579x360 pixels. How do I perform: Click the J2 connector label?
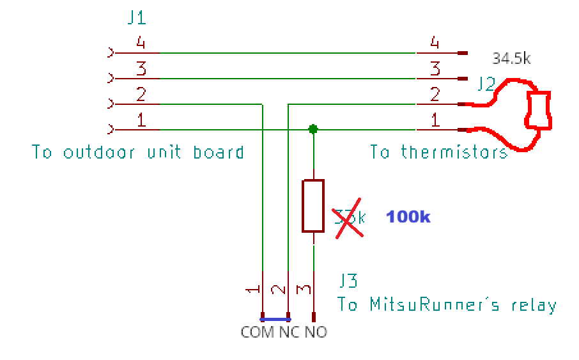(x=485, y=84)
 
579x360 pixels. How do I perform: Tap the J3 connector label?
(x=348, y=281)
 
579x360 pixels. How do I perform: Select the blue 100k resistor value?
(x=408, y=217)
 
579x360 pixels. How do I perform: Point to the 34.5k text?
(x=511, y=59)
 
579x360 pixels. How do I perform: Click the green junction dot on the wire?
(x=313, y=129)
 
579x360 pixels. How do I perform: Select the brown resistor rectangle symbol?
(x=313, y=205)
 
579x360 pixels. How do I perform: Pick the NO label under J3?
(x=316, y=333)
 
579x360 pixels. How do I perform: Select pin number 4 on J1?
(x=141, y=43)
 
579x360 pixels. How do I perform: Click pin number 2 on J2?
(x=435, y=95)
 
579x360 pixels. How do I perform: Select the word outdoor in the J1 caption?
(x=102, y=152)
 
